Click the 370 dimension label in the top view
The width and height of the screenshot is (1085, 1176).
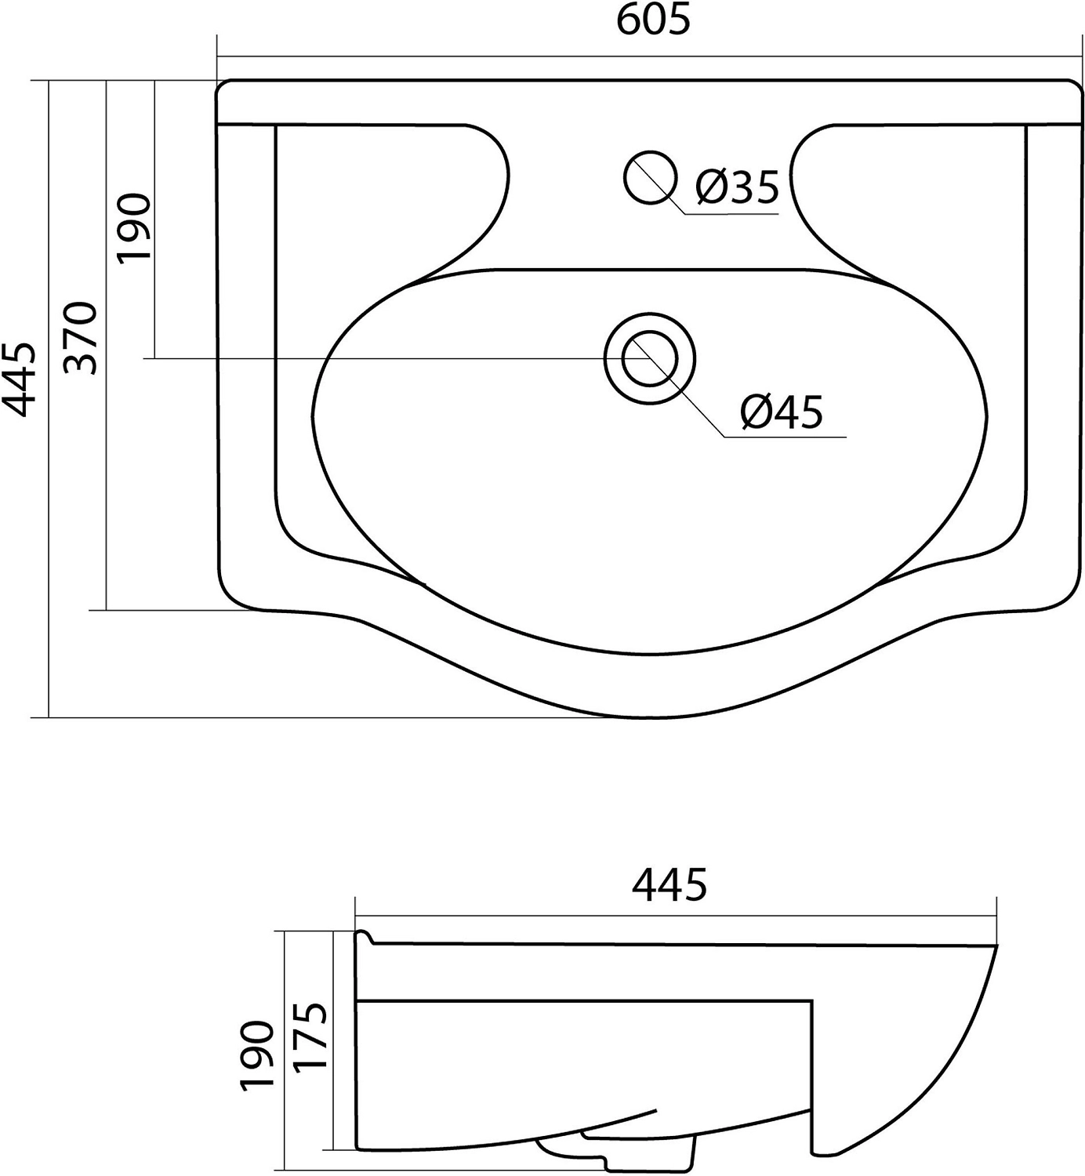[79, 338]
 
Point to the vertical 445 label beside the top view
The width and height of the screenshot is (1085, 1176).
[20, 379]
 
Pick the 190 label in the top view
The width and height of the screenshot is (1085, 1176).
[134, 228]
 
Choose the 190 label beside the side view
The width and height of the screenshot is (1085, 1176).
[256, 1054]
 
